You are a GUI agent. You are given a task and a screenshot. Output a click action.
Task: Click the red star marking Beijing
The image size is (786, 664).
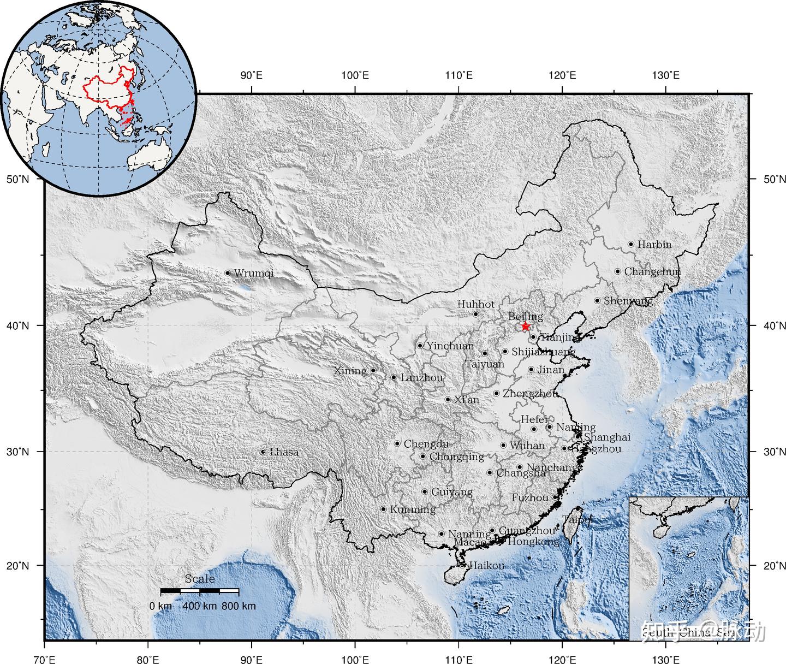tap(525, 326)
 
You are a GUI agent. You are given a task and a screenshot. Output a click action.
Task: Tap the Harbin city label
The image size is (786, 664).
tap(654, 244)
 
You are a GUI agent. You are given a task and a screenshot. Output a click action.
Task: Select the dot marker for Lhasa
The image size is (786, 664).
tap(263, 452)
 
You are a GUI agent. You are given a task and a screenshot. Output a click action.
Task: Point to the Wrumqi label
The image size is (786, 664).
tap(253, 273)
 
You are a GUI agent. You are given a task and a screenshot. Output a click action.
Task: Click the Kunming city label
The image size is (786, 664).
tap(413, 509)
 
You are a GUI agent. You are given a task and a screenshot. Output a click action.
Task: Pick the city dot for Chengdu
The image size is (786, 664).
tap(397, 443)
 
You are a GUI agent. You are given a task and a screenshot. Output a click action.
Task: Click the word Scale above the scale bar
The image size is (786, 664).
tap(200, 579)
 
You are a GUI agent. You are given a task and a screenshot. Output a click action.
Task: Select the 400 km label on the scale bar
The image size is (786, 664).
tap(199, 606)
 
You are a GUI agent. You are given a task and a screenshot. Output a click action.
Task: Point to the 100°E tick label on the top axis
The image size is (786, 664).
tap(355, 75)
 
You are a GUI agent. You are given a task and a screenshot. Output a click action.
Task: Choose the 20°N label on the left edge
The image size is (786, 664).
tap(17, 565)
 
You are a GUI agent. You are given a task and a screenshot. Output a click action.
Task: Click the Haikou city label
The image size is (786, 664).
tap(487, 566)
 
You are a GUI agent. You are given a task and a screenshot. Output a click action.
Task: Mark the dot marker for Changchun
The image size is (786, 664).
tap(617, 271)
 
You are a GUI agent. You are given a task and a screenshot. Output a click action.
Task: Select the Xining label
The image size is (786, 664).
tap(350, 371)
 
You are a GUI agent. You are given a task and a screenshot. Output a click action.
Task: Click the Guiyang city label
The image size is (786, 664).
tap(452, 492)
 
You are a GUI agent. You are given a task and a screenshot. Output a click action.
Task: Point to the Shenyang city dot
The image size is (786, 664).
tap(597, 300)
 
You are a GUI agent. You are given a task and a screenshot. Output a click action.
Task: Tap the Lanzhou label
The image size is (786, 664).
tap(422, 377)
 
